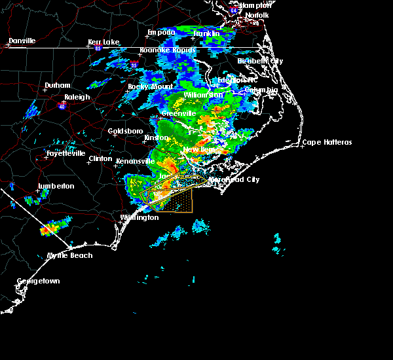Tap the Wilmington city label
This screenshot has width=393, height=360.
(x=140, y=217)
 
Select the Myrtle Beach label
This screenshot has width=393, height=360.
(x=70, y=255)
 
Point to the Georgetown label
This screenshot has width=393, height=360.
(x=38, y=281)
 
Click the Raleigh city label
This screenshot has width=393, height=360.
(x=77, y=97)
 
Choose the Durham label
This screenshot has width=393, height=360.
(x=56, y=86)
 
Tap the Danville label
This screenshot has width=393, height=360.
(x=22, y=41)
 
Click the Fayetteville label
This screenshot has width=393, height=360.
(x=65, y=154)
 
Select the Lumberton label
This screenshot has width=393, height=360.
(x=56, y=186)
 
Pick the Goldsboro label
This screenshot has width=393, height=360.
(x=124, y=131)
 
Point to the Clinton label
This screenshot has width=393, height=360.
(x=100, y=158)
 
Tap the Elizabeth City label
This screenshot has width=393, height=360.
(x=260, y=61)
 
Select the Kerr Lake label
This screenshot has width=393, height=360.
(x=104, y=43)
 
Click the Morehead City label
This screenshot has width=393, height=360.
(x=234, y=179)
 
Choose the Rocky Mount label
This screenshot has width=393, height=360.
(x=151, y=86)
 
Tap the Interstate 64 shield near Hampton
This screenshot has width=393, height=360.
(x=234, y=10)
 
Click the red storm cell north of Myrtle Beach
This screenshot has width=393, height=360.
(x=48, y=230)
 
